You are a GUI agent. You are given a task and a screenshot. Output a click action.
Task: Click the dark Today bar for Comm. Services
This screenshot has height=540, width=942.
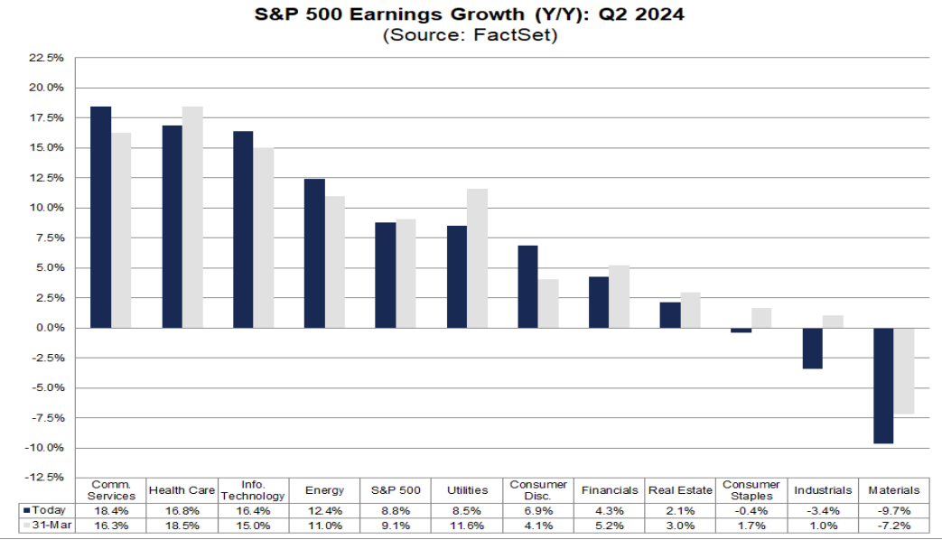[x=100, y=217]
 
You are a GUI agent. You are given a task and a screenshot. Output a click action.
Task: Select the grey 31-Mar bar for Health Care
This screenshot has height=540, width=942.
[x=191, y=217]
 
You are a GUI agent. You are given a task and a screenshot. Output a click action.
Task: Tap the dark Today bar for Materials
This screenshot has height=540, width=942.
[x=883, y=386]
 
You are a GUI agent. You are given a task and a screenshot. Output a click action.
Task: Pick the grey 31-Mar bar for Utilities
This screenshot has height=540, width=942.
[x=476, y=258]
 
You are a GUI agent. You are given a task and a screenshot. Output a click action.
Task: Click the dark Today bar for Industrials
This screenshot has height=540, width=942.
[x=812, y=348]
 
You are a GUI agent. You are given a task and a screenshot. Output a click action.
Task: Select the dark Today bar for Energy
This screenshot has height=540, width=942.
[x=314, y=253]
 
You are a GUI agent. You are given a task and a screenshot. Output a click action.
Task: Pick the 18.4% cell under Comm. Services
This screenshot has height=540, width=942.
[x=113, y=510]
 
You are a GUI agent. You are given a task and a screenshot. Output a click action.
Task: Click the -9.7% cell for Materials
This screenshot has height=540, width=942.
[x=894, y=510]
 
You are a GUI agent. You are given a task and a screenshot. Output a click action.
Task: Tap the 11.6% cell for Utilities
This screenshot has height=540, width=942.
[x=467, y=525]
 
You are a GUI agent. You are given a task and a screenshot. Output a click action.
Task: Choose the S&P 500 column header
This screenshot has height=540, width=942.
[x=396, y=490]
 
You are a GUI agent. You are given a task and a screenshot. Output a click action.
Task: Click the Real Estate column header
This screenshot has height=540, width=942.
[x=680, y=490]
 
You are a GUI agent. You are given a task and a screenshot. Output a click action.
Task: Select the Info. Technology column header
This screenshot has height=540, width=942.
[x=254, y=490]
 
